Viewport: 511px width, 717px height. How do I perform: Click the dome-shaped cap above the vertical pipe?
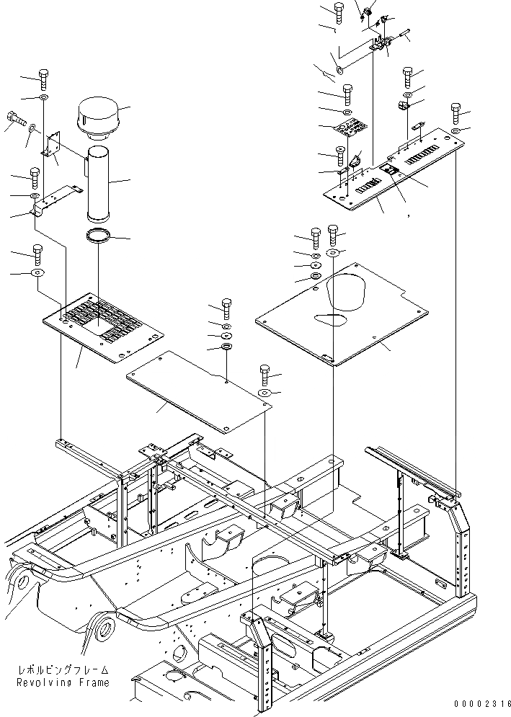(x=100, y=118)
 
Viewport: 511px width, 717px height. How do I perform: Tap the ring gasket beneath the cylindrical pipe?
(x=99, y=235)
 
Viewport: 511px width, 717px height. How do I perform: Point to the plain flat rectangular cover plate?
(x=198, y=392)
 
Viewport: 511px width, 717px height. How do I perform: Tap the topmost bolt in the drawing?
(x=339, y=9)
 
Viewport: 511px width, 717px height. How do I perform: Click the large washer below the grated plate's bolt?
(x=37, y=273)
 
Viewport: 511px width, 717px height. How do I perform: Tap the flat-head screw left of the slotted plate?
(x=339, y=153)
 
